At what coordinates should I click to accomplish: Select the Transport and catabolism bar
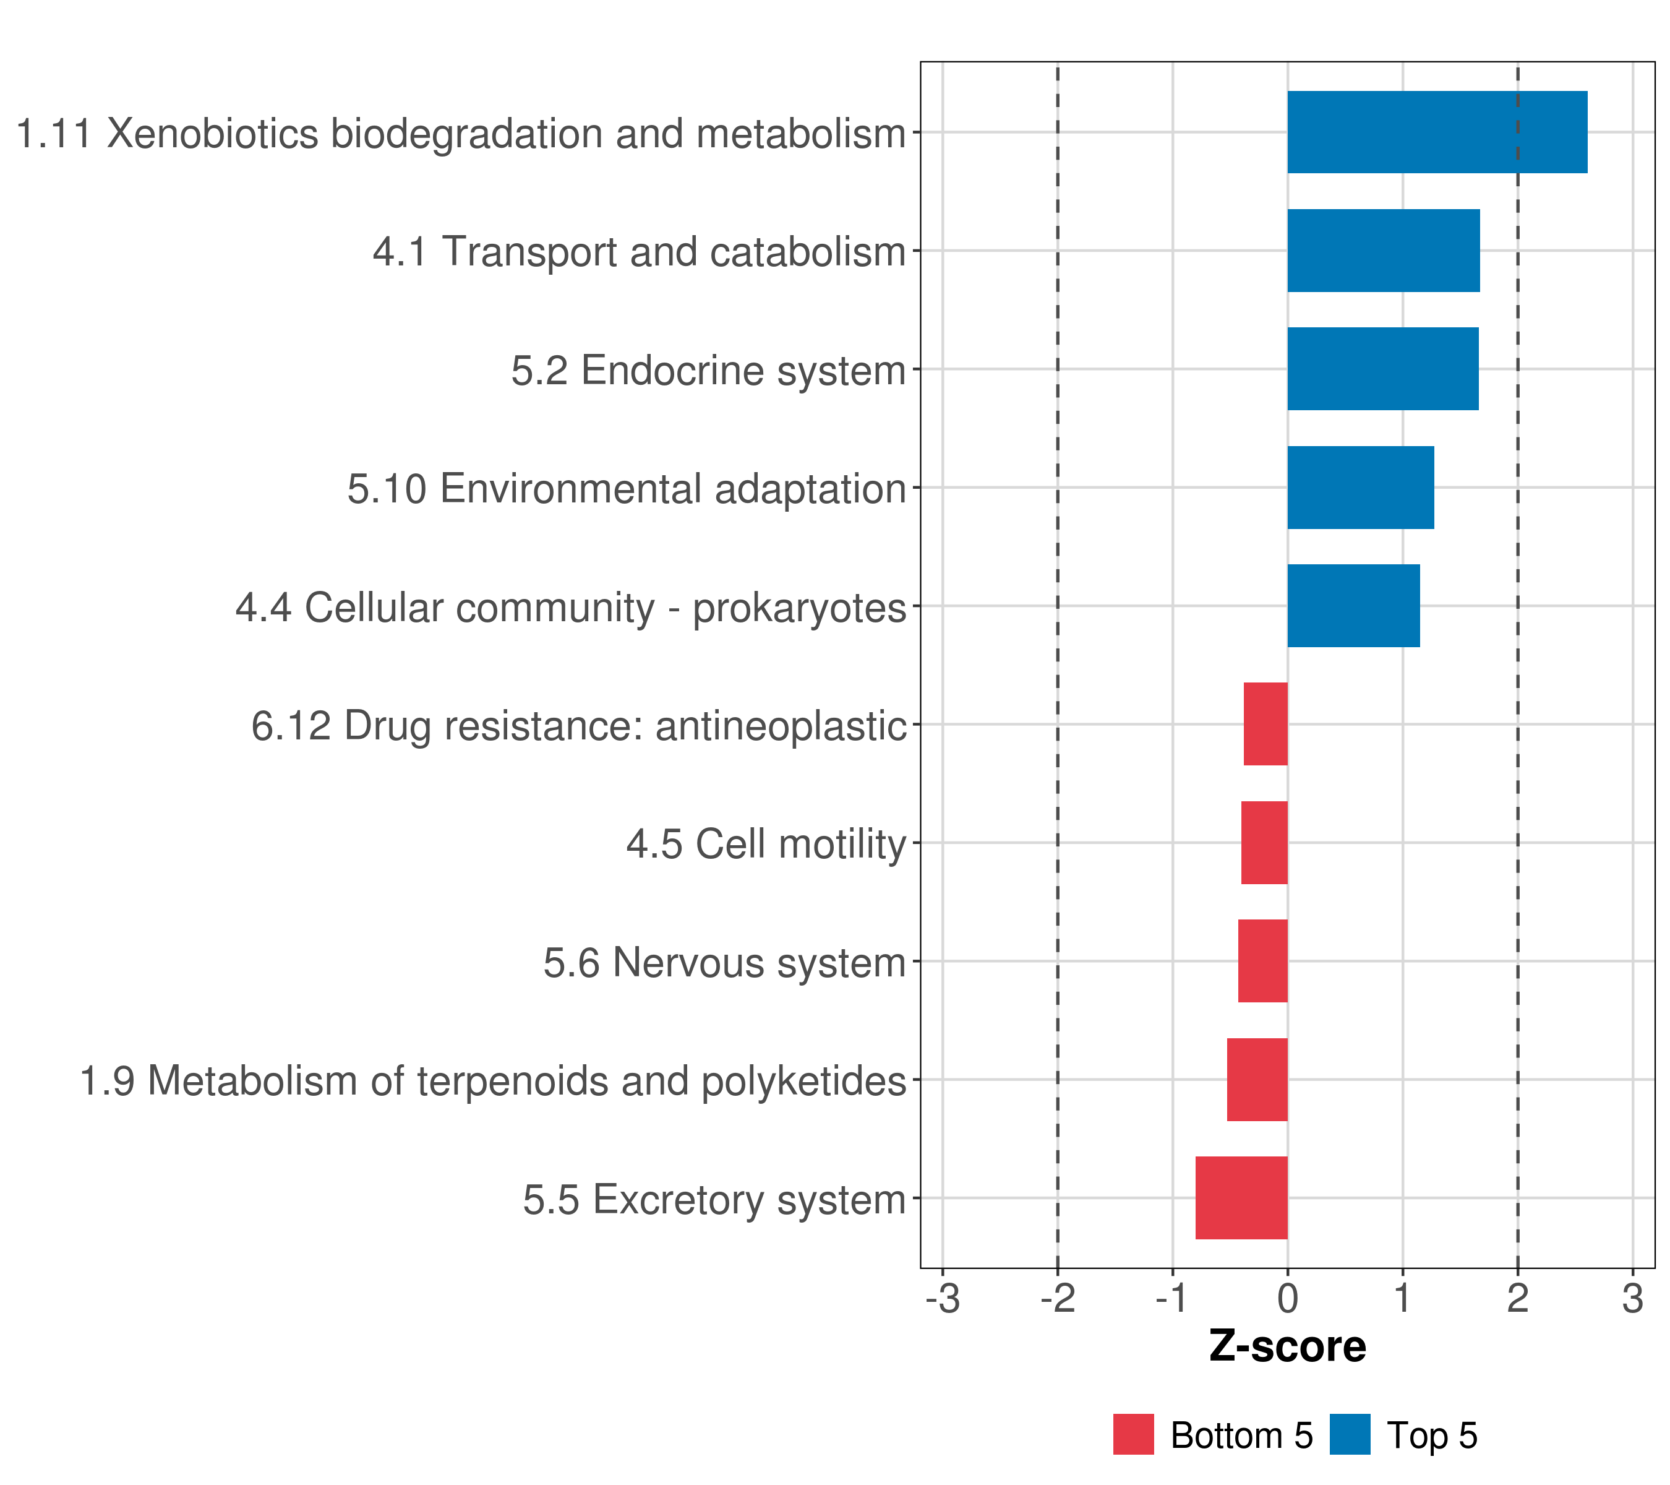(1382, 251)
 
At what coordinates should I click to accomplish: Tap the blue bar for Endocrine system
(1382, 369)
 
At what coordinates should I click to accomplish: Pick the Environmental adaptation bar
(1360, 488)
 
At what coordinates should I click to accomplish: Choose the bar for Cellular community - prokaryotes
(1352, 606)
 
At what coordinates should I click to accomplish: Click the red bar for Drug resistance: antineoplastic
(1265, 724)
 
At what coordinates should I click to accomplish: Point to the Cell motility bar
(1263, 843)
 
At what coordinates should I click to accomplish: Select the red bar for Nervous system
(1262, 961)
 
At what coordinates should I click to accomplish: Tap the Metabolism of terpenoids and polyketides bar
(1257, 1080)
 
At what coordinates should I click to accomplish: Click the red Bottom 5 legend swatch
(1133, 1434)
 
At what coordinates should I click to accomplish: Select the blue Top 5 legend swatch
(1349, 1434)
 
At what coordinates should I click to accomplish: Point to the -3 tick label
(942, 1299)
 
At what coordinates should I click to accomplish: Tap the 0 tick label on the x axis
(1288, 1299)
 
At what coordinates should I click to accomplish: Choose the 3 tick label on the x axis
(1632, 1299)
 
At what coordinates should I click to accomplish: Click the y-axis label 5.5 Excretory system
(714, 1200)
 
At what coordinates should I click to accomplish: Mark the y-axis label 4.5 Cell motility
(766, 844)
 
